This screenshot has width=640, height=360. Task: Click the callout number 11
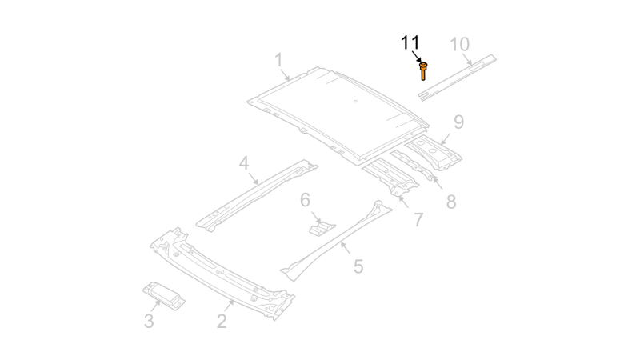(410, 43)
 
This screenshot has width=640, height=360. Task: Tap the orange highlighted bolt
(423, 70)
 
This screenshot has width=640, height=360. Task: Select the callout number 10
(459, 45)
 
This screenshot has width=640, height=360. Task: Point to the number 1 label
(278, 60)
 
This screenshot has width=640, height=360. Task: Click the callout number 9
(459, 122)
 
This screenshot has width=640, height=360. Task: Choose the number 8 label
(451, 202)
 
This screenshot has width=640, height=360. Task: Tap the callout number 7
(418, 219)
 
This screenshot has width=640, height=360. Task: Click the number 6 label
(306, 200)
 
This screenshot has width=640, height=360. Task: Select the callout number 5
(358, 266)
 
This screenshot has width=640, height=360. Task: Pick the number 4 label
(244, 163)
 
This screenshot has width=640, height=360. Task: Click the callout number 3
(149, 321)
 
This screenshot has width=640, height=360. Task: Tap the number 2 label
(222, 321)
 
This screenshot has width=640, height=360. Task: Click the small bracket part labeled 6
(322, 229)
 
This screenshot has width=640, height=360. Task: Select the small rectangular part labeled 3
(164, 295)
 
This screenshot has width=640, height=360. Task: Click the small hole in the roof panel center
(355, 102)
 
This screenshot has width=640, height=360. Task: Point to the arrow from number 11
(417, 56)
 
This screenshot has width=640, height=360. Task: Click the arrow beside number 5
(346, 247)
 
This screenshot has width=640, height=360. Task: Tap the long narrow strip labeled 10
(457, 77)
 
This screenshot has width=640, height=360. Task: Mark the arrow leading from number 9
(446, 138)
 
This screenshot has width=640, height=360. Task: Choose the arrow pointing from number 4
(254, 178)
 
